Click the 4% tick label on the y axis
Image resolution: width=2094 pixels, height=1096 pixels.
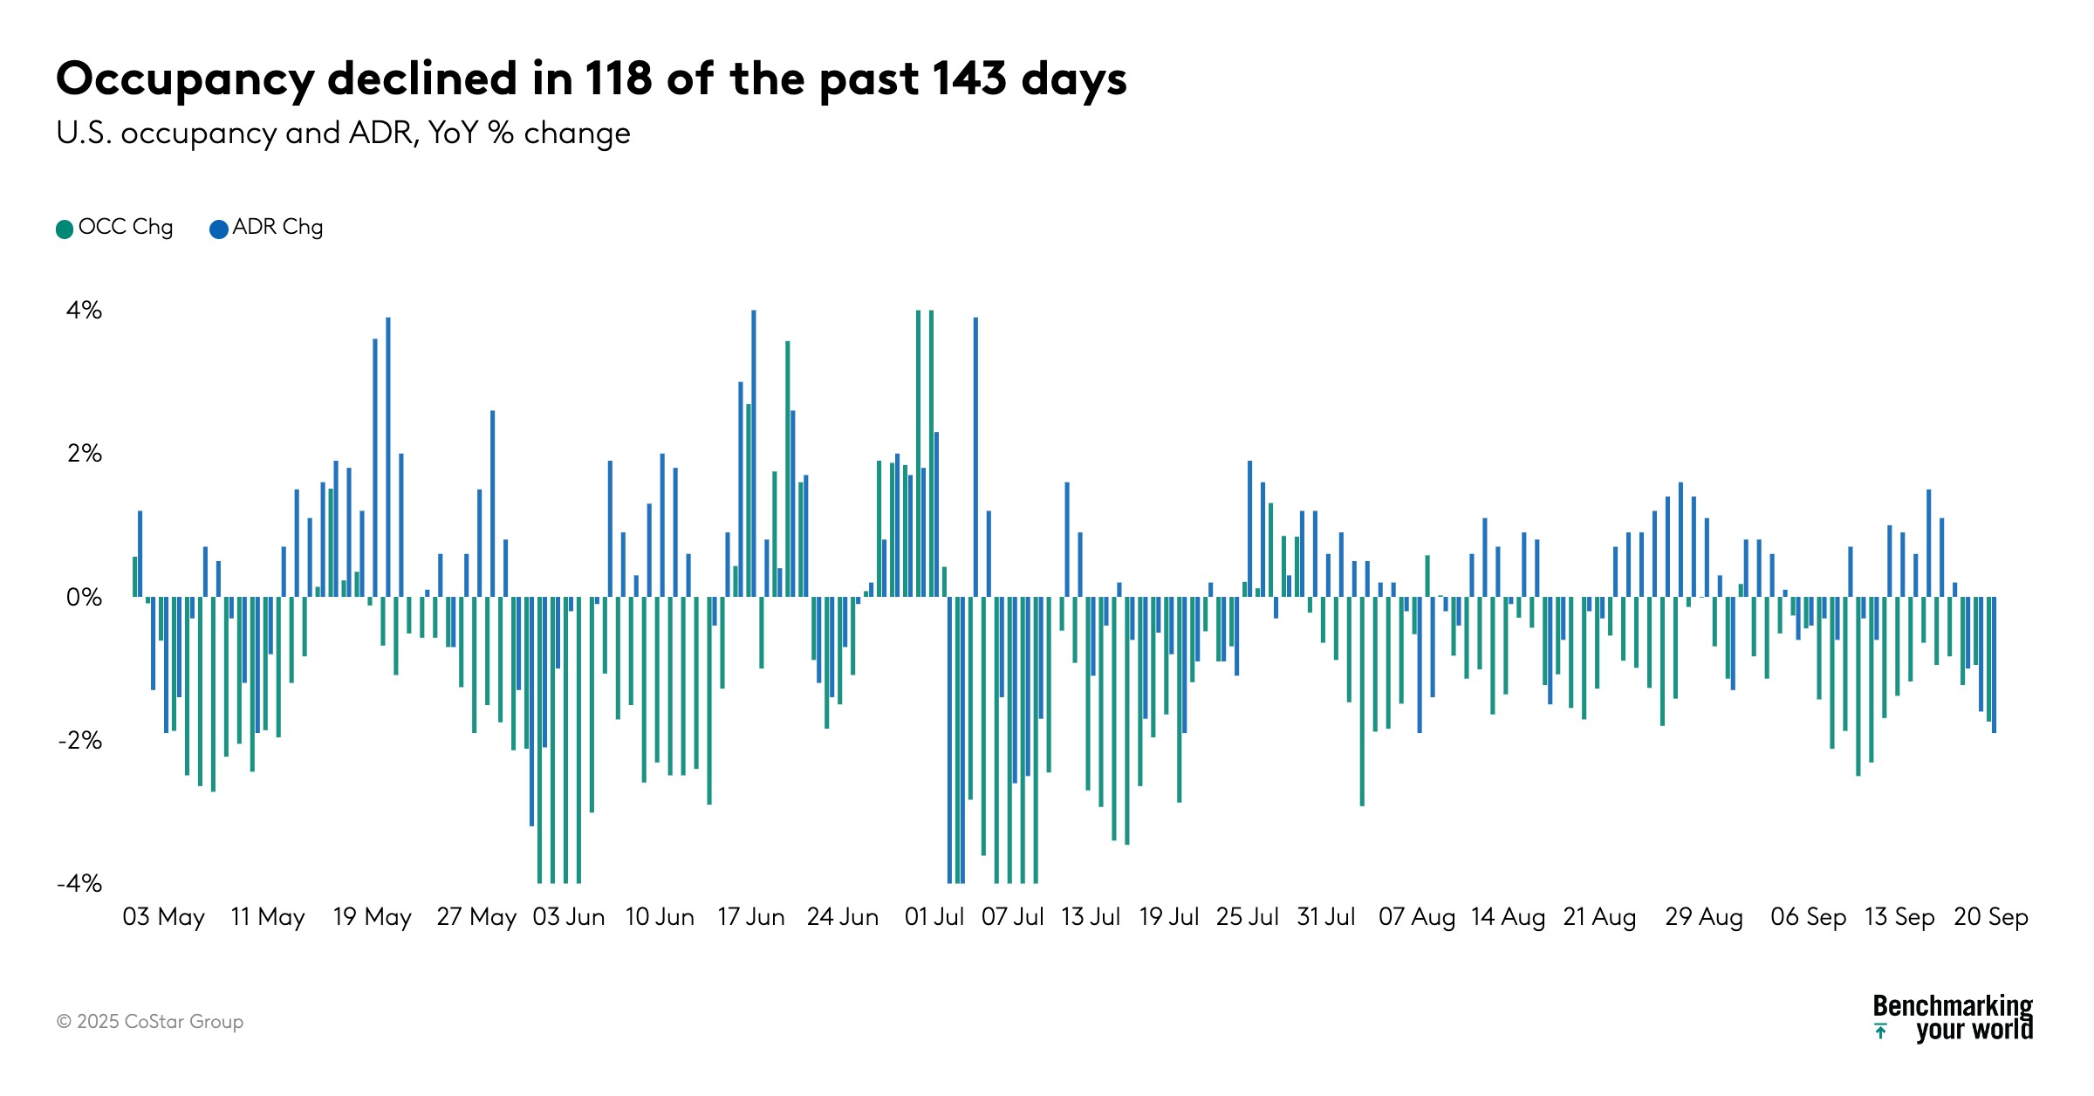coord(84,311)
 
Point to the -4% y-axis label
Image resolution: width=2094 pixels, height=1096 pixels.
coord(79,884)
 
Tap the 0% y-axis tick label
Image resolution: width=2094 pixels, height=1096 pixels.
coord(84,598)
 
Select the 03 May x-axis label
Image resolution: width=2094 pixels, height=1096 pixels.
coord(163,917)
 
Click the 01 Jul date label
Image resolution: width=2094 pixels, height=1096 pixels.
coord(934,917)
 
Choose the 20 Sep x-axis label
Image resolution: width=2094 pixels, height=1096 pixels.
coord(1990,917)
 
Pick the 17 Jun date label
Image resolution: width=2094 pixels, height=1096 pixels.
coord(750,917)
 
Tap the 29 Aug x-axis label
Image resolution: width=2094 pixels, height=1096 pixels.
coord(1703,917)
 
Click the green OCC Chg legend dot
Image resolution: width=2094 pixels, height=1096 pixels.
coord(65,229)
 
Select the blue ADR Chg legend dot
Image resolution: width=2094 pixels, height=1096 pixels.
coord(219,229)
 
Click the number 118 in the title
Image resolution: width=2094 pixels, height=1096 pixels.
coord(618,79)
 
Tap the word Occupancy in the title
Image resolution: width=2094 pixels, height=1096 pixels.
coord(185,80)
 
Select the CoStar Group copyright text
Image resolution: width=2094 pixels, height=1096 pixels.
coord(150,1022)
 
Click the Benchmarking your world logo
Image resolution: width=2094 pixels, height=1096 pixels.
coord(1953,1018)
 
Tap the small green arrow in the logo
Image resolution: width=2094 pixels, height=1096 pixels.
coord(1881,1031)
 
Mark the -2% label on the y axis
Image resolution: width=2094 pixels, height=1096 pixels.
coord(79,741)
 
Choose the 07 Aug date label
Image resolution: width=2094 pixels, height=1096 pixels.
coord(1416,917)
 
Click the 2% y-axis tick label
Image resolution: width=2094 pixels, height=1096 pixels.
coord(84,454)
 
